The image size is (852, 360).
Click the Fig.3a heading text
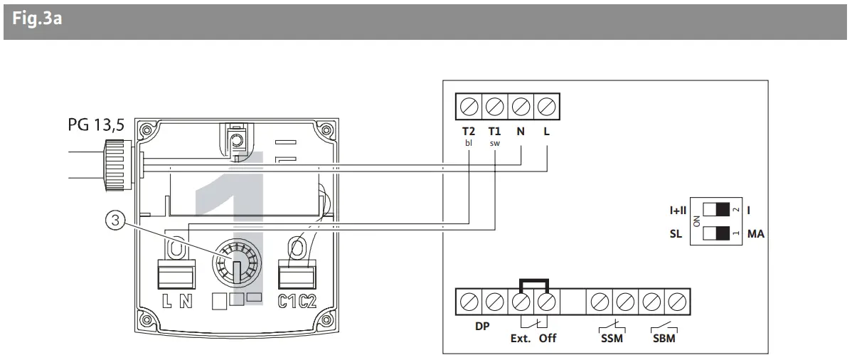tap(38, 18)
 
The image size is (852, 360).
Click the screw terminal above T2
tap(468, 108)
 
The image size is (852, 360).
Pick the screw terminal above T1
tap(494, 108)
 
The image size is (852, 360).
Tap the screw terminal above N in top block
tap(521, 108)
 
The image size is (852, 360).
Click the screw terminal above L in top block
tap(547, 108)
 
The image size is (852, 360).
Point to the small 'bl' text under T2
tap(468, 142)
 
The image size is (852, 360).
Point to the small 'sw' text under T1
tap(494, 142)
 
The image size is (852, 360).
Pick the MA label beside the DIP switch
tap(755, 233)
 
